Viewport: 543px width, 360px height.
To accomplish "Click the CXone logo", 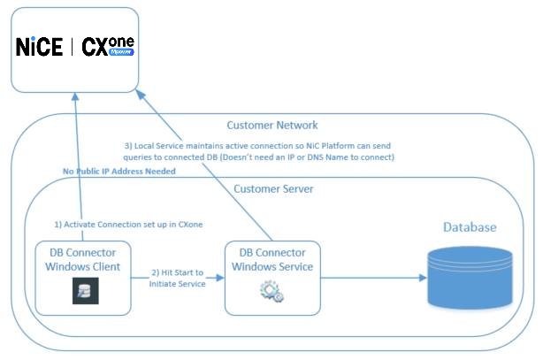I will tap(108, 46).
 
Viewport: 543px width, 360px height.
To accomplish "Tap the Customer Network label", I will tap(271, 125).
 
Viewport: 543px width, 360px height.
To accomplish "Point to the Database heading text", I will tap(470, 227).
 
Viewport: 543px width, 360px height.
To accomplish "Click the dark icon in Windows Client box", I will tap(86, 292).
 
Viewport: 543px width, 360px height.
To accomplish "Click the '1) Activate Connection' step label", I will tap(127, 225).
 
